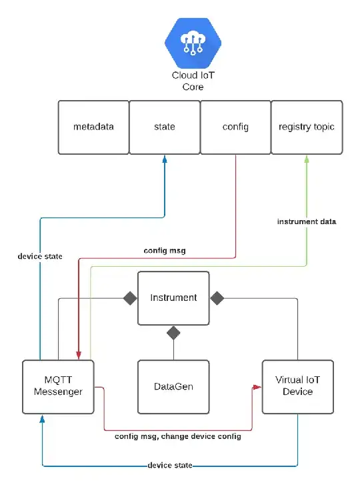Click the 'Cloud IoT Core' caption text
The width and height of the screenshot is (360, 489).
(x=193, y=81)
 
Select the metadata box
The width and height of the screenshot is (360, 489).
(x=93, y=127)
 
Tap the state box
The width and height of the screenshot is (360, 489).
(x=164, y=127)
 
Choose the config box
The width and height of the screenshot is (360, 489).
(x=235, y=127)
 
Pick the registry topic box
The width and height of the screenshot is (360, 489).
(x=307, y=127)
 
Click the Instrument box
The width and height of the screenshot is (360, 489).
(x=173, y=298)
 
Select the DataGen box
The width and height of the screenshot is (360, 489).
(x=173, y=386)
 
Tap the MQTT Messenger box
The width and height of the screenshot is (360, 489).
(x=58, y=386)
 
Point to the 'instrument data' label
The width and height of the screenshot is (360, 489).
(x=307, y=221)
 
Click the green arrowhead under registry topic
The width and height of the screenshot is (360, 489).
(x=307, y=158)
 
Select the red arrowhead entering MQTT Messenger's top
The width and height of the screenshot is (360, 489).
(x=79, y=356)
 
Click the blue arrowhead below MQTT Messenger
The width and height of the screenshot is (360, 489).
(x=42, y=418)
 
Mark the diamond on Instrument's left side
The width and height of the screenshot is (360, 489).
(x=129, y=298)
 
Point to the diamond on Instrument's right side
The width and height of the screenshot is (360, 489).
(x=217, y=298)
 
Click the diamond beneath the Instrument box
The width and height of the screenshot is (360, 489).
(x=173, y=332)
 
